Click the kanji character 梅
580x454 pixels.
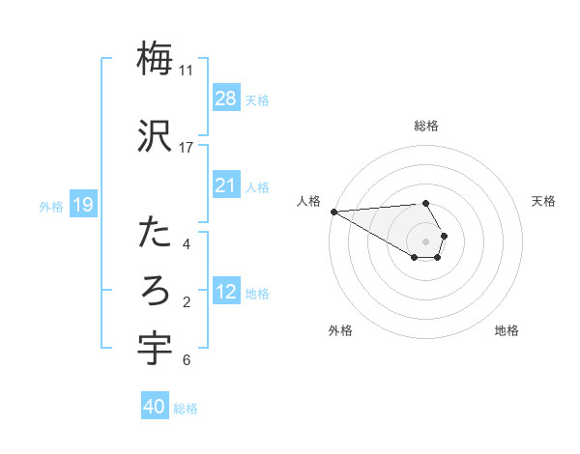point(156,60)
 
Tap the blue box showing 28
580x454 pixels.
point(226,99)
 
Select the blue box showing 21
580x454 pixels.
point(226,185)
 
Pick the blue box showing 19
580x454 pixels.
point(82,205)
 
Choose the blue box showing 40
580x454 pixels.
point(155,407)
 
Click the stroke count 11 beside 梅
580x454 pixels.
point(186,71)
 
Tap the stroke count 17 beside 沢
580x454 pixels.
point(186,148)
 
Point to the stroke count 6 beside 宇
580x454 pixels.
point(186,360)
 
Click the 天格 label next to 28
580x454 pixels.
point(257,99)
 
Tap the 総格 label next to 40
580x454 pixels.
point(186,408)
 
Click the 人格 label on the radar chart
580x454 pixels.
point(308,201)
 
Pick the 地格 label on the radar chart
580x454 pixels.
point(507,330)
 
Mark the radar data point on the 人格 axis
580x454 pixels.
point(333,212)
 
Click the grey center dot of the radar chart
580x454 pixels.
point(425,241)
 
